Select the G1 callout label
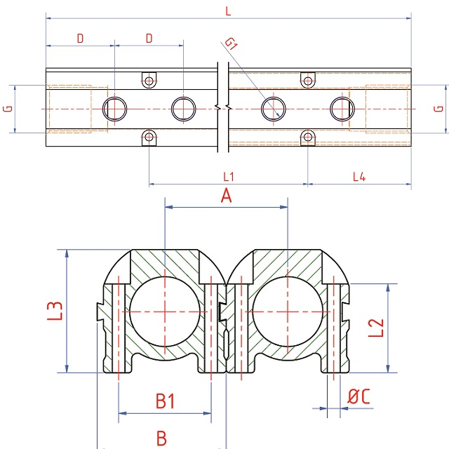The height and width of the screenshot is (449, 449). click(x=232, y=45)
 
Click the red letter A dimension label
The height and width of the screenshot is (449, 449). click(x=226, y=197)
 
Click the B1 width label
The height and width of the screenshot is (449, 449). click(x=165, y=402)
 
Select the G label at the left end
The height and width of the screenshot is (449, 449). click(x=8, y=109)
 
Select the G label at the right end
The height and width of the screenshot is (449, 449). click(x=438, y=109)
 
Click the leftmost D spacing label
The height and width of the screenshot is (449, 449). click(x=80, y=39)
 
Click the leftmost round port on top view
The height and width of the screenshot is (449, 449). click(x=114, y=109)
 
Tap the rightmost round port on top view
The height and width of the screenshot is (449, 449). click(x=342, y=109)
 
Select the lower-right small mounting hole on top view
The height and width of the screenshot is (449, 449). click(x=307, y=137)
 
